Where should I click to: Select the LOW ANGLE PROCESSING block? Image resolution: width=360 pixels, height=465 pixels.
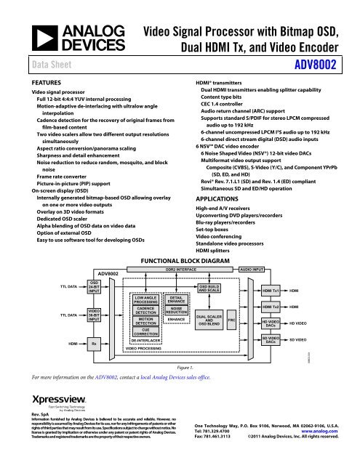pyautogui.click(x=145, y=299)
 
